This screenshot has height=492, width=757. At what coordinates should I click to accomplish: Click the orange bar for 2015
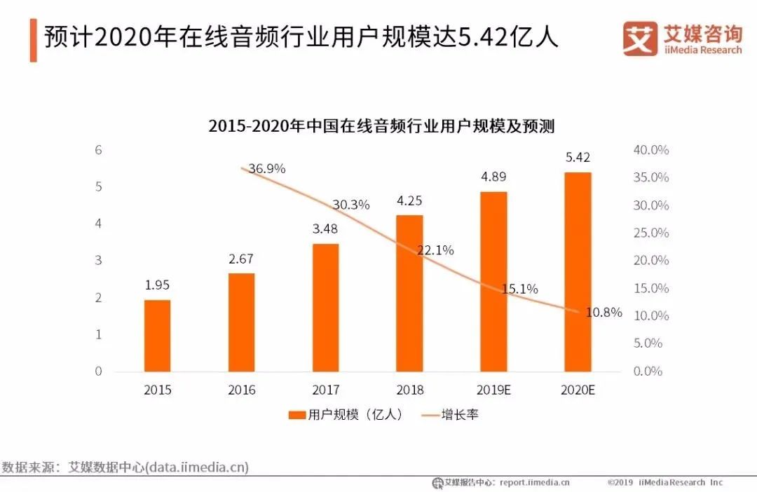(157, 335)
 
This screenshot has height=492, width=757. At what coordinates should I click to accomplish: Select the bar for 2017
(325, 307)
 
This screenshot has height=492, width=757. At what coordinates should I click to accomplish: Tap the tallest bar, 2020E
(578, 271)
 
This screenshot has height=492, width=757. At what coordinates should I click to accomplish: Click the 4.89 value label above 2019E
(493, 177)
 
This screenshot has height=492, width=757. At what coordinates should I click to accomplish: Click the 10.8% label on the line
(603, 313)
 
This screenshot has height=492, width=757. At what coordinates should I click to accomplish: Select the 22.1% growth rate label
(435, 250)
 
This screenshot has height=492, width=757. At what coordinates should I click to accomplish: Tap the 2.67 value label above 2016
(241, 259)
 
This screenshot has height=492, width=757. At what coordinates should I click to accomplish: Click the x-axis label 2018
(409, 390)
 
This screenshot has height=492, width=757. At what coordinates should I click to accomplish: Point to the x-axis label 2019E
(493, 390)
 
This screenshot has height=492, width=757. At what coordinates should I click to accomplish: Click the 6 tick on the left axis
(99, 150)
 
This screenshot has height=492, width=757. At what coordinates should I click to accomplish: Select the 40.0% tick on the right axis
(651, 150)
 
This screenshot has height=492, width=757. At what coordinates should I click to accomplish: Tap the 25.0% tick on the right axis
(651, 233)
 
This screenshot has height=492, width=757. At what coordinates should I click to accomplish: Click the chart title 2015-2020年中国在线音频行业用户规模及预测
(381, 126)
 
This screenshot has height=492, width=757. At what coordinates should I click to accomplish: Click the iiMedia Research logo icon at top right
(640, 39)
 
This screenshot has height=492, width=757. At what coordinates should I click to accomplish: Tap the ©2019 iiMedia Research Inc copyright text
(664, 482)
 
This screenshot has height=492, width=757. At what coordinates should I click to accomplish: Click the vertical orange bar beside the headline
(33, 40)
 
